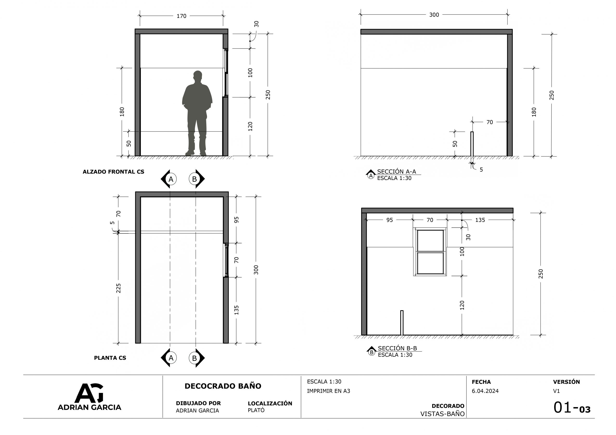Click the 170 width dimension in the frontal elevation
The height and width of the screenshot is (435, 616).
181,16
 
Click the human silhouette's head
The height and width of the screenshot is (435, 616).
198,75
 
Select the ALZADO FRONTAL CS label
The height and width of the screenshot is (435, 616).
114,172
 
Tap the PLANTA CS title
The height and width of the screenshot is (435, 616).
110,358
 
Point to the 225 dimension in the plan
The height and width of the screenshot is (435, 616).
119,288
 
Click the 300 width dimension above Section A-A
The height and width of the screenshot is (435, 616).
434,15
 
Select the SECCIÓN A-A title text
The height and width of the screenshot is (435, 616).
397,172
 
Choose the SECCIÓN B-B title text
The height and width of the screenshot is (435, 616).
397,348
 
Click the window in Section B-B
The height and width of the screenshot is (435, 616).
430,252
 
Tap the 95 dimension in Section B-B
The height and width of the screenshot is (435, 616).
390,220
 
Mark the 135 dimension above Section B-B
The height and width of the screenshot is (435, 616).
480,220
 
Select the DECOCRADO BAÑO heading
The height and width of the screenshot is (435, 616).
223,386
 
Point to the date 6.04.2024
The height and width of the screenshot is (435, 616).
485,391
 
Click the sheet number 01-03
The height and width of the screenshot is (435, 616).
572,408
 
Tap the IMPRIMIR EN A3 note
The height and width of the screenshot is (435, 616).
328,391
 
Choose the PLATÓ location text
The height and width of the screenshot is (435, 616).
256,410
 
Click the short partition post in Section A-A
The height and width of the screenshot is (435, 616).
472,144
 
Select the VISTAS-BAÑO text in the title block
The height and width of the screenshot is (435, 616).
443,414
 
